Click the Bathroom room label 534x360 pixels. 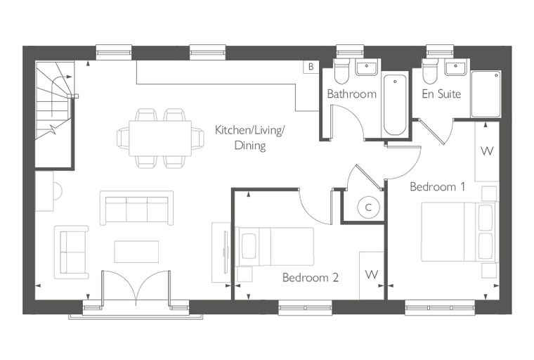click(352, 94)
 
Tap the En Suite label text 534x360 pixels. click(441, 94)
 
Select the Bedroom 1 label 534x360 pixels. click(437, 186)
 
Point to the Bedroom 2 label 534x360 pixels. click(311, 278)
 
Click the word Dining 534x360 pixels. click(250, 146)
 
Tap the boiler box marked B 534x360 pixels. click(311, 67)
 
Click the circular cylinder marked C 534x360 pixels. click(368, 207)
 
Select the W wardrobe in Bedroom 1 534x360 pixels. click(487, 151)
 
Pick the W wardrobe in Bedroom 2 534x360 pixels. click(372, 275)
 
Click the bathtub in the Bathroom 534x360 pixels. click(395, 105)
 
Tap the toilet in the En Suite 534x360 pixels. click(430, 71)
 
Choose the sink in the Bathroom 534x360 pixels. click(367, 67)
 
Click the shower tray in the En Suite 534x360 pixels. click(486, 94)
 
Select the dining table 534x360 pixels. click(160, 138)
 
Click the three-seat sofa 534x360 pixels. click(136, 208)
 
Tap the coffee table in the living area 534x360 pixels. click(136, 252)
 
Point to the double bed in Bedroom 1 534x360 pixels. click(458, 232)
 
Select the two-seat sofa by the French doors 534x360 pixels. click(72, 252)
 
